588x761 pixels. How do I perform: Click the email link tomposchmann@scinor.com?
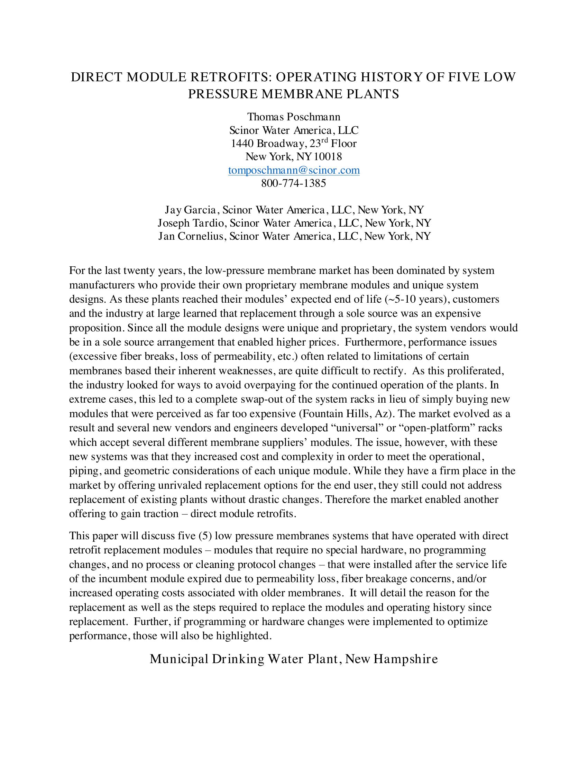coord(294,170)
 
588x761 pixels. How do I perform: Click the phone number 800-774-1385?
coord(294,183)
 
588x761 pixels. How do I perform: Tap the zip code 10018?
coord(328,157)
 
